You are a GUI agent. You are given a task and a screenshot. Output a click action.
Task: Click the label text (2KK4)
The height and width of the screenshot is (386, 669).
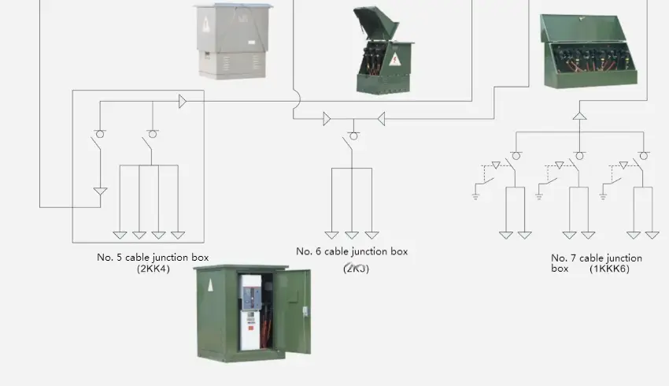[153, 269]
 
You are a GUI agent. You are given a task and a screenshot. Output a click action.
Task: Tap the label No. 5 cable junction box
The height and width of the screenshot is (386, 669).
[153, 258]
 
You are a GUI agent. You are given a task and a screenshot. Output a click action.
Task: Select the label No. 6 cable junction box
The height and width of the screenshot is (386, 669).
[352, 252]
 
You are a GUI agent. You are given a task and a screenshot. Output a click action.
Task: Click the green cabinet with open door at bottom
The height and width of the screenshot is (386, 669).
[252, 312]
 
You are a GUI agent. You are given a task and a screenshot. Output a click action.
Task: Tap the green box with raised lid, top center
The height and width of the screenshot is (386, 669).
[383, 51]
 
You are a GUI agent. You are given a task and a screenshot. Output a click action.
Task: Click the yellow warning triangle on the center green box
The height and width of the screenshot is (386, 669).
[394, 60]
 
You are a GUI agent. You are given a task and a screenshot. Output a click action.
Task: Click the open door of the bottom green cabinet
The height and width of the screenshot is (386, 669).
[292, 310]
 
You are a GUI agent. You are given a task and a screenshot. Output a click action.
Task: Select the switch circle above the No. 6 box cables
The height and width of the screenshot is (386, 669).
[353, 135]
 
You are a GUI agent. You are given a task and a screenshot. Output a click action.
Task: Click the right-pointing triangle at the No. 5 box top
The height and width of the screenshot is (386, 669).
[183, 101]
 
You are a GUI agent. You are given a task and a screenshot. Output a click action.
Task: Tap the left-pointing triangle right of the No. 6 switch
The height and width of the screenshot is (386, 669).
[380, 119]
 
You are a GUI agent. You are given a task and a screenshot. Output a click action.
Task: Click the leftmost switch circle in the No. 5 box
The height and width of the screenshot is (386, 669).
[100, 133]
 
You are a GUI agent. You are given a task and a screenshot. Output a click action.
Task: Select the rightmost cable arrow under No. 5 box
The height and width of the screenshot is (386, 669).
[178, 235]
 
